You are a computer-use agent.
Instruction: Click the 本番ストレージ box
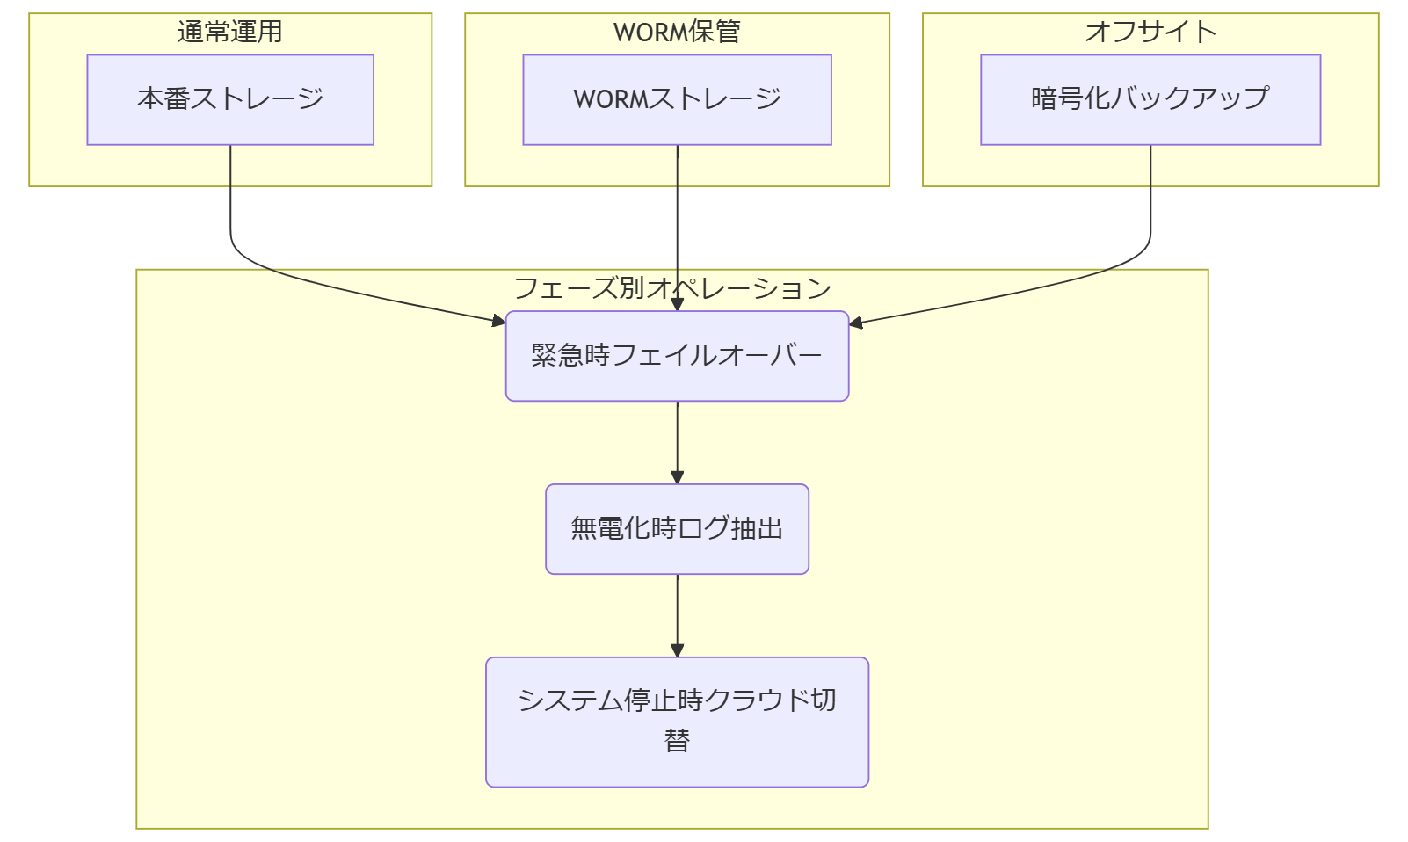230,99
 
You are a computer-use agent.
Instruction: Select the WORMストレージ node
677,99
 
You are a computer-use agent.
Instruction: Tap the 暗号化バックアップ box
1150,99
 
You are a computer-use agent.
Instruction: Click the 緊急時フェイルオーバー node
677,356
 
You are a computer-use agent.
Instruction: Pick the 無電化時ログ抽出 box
677,528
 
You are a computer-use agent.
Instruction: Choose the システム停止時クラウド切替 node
677,722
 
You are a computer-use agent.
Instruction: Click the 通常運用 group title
230,32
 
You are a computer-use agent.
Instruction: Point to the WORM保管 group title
677,32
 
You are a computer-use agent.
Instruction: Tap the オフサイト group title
1150,32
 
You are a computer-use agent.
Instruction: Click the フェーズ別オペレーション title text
672,288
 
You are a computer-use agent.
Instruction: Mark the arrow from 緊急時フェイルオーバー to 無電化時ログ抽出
677,439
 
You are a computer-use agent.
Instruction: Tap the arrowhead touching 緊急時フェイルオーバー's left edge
499,321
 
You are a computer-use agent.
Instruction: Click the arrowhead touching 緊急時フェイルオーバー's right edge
856,323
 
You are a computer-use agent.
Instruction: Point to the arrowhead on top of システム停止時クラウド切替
677,650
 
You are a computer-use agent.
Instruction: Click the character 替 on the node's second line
677,741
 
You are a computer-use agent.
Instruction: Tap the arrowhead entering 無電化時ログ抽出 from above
677,477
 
